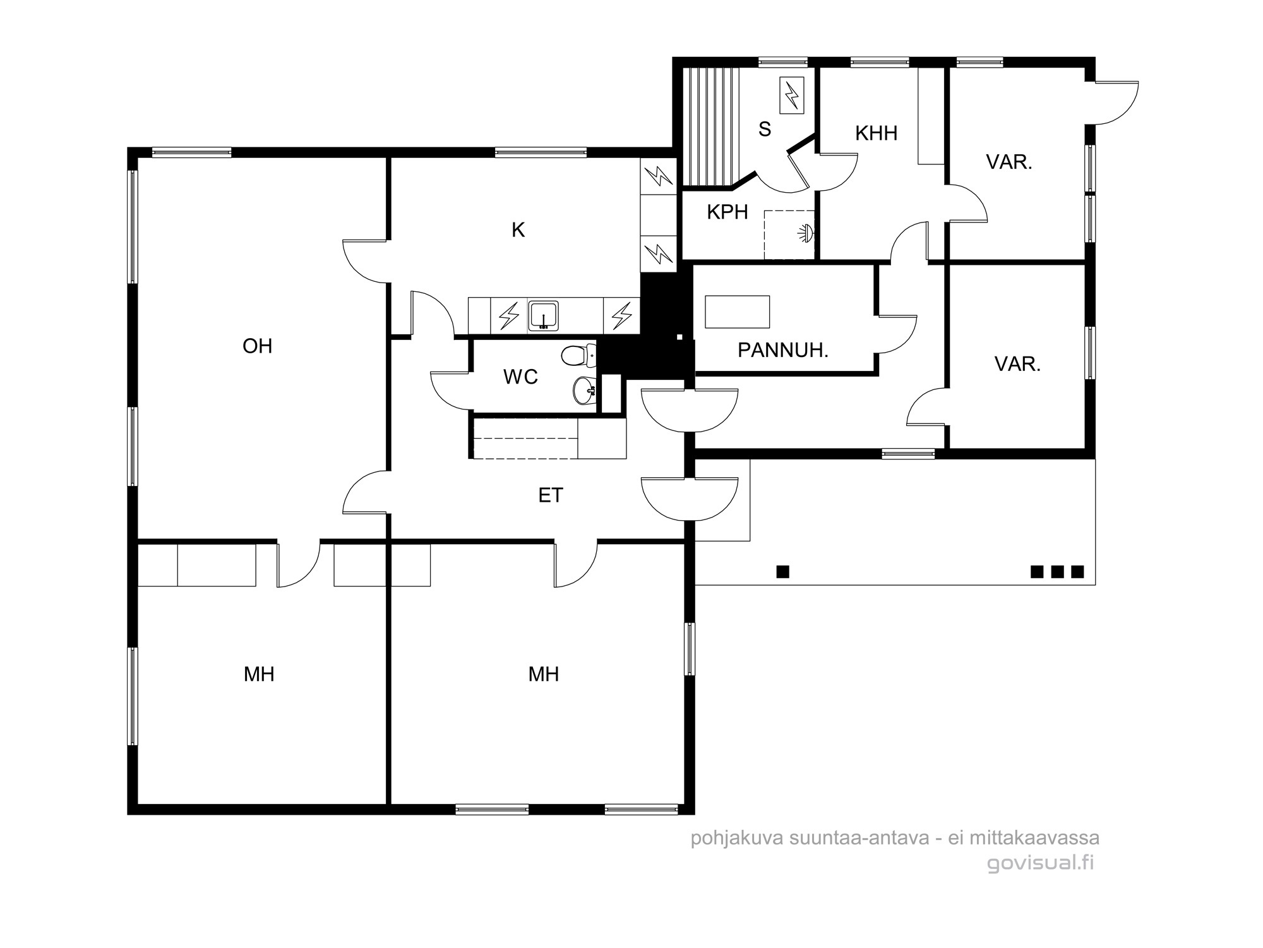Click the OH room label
tap(258, 346)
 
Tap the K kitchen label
tap(518, 230)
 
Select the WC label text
tap(520, 377)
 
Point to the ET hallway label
tap(551, 495)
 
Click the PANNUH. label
tap(783, 350)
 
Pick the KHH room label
tap(876, 133)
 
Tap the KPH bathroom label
tap(727, 212)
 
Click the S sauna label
tap(765, 129)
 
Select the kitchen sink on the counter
tap(543, 316)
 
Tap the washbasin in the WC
tap(584, 389)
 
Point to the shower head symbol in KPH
tap(806, 233)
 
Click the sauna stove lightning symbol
tap(792, 95)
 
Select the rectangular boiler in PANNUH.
tap(738, 312)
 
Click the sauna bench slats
tap(711, 126)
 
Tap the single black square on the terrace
tap(783, 572)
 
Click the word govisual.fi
tap(1040, 863)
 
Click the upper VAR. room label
tap(1009, 162)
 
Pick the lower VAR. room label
tap(1017, 364)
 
